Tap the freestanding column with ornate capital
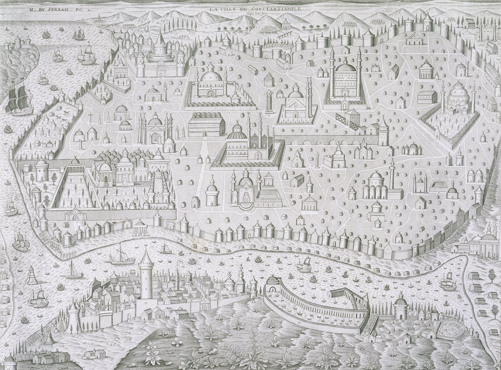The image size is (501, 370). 269,102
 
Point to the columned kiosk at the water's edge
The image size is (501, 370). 140,228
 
